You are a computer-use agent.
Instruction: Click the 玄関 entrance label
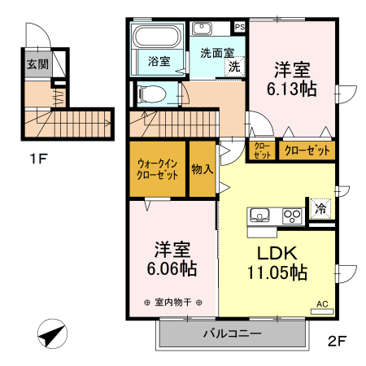[x=37, y=64]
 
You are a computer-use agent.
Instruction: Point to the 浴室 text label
[x=159, y=61]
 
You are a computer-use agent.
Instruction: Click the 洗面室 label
[x=216, y=54]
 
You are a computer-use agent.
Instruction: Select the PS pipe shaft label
[x=239, y=27]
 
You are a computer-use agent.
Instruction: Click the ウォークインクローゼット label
[x=158, y=168]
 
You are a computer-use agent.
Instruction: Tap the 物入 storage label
[x=202, y=169]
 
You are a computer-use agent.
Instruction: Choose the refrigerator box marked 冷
[x=320, y=208]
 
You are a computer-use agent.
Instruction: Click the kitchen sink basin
[x=259, y=215]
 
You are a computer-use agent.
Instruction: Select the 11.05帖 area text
[x=277, y=272]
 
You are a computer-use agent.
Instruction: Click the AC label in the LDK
[x=322, y=304]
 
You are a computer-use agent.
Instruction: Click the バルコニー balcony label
[x=232, y=333]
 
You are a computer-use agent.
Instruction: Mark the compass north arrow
[x=51, y=333]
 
